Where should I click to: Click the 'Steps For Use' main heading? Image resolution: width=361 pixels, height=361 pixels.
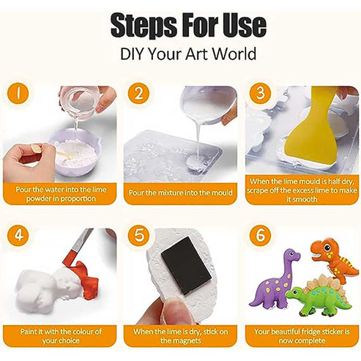180,26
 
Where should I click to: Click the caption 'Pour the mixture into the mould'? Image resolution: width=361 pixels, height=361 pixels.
180,193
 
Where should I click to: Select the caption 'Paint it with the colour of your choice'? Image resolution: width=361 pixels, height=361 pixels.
59,335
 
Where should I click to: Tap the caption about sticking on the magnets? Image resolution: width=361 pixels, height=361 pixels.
180,335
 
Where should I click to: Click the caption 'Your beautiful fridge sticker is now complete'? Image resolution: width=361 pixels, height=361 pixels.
301,335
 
